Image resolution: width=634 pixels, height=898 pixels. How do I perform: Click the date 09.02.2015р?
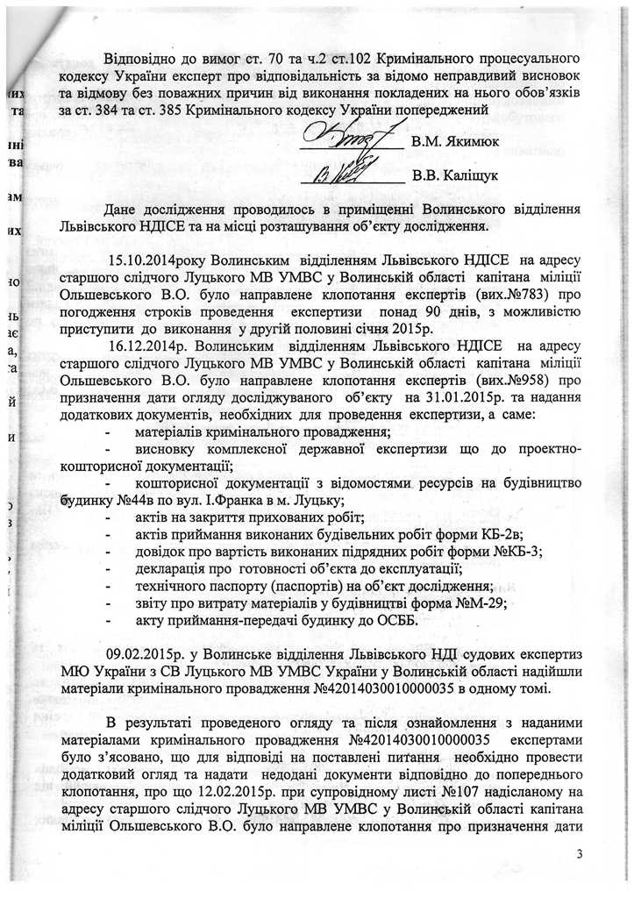140,653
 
